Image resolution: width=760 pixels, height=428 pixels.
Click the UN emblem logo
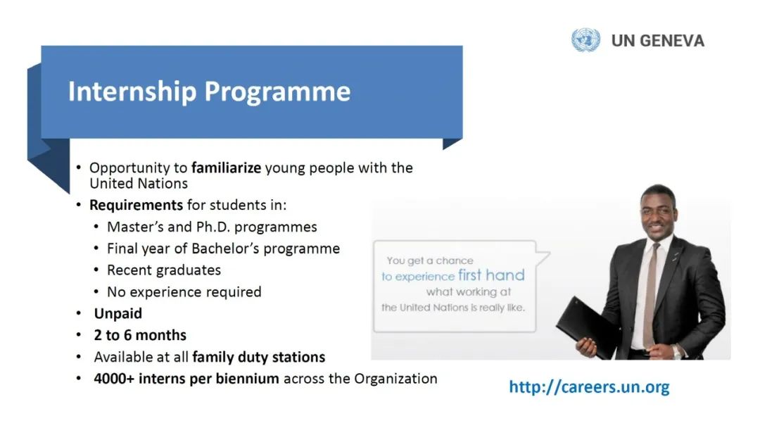[585, 39]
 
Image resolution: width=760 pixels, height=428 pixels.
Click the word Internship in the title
[132, 92]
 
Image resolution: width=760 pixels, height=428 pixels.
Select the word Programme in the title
[277, 92]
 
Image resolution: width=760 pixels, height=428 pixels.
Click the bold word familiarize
[227, 168]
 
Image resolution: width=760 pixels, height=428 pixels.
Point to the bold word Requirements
[137, 206]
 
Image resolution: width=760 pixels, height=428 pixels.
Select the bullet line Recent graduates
[164, 270]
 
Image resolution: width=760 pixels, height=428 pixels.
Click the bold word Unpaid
[118, 313]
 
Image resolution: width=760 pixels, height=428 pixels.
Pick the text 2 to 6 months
[140, 335]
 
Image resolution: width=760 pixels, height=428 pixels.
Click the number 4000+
[114, 379]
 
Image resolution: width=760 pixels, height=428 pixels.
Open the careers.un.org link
[589, 386]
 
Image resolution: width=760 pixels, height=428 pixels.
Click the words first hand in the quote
[491, 275]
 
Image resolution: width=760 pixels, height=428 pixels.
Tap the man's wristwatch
[677, 351]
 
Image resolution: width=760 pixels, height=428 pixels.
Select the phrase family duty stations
[259, 357]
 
